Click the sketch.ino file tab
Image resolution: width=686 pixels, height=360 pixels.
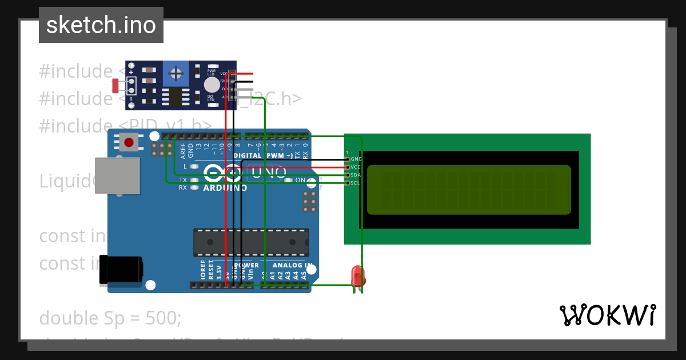click(x=101, y=25)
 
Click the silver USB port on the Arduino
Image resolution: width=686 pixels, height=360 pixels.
click(x=118, y=175)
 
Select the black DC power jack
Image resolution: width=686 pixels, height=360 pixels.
click(x=121, y=270)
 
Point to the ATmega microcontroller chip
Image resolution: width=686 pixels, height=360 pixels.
click(x=251, y=242)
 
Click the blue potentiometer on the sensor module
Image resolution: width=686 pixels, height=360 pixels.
click(x=176, y=73)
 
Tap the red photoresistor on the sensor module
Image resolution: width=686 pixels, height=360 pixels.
click(x=115, y=86)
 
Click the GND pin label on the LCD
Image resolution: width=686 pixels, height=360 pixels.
click(x=356, y=159)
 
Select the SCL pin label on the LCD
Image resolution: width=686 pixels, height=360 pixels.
click(x=355, y=183)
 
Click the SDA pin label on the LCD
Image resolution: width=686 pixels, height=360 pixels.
click(x=355, y=175)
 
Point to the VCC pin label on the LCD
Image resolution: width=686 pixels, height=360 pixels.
click(x=356, y=167)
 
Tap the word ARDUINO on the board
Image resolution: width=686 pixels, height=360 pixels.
click(x=225, y=187)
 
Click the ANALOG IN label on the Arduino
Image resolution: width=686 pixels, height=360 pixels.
click(x=292, y=265)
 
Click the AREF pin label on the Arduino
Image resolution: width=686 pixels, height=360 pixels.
click(x=183, y=150)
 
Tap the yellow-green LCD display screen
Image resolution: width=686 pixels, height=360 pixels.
click(x=469, y=190)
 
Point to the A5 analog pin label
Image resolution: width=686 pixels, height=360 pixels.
click(x=304, y=274)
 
